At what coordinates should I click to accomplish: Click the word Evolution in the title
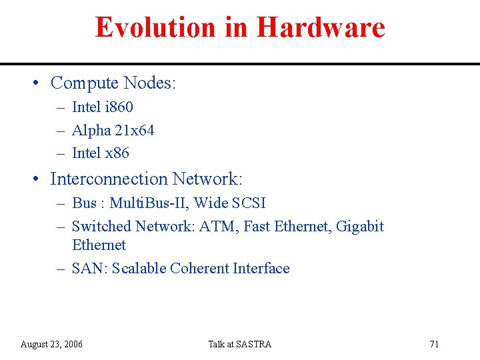click(155, 27)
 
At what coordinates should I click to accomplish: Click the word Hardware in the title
click(321, 27)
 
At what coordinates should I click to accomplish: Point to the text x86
click(117, 153)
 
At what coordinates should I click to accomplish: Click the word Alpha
click(91, 130)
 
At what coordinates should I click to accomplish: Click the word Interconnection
click(109, 179)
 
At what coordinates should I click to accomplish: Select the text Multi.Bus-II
click(148, 203)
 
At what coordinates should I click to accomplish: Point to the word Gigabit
click(360, 226)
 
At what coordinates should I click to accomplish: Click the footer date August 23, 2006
click(51, 344)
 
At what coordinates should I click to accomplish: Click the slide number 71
click(434, 344)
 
